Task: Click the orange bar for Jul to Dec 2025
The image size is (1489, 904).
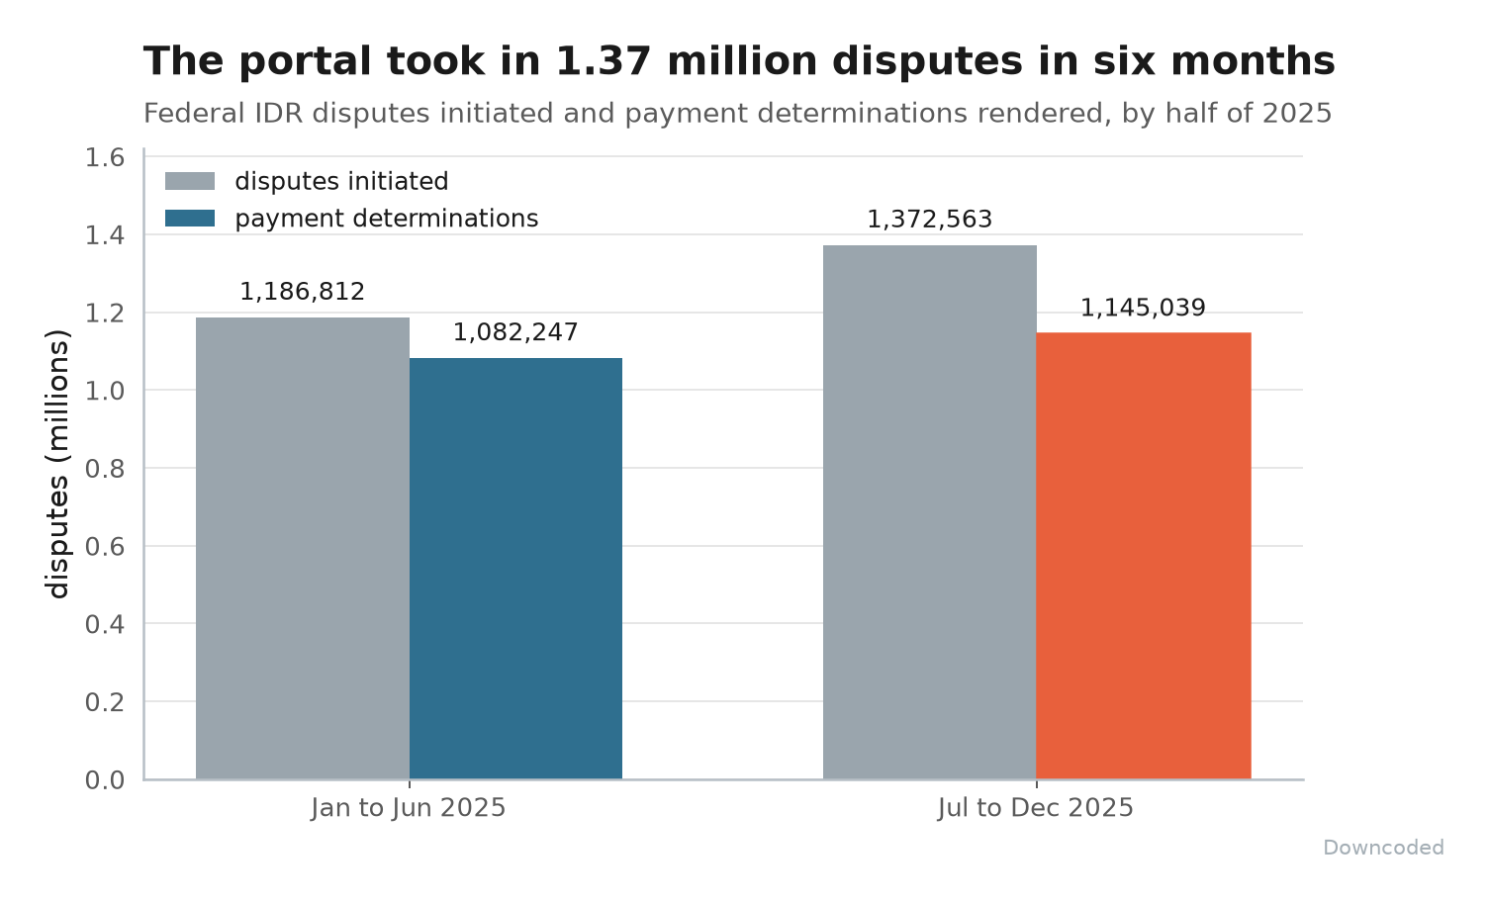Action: pos(1144,556)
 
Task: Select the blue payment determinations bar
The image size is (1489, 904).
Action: pos(515,569)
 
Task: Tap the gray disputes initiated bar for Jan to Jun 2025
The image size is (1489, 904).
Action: pos(303,548)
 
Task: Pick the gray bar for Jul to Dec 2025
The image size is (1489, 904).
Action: pos(929,511)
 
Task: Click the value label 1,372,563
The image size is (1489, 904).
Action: pos(929,220)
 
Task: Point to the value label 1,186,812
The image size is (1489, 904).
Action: pos(303,292)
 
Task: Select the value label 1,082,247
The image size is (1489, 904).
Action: pos(515,332)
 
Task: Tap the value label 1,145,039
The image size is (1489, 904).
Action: pos(1144,308)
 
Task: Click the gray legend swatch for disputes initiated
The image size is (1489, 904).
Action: pos(190,181)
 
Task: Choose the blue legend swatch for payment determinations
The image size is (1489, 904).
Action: pos(190,218)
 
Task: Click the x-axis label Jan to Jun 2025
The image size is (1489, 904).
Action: pos(409,808)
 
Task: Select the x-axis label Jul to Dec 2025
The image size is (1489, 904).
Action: pos(1036,808)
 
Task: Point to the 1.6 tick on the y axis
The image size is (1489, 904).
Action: pos(105,158)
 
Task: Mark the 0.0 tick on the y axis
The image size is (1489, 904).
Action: pos(105,780)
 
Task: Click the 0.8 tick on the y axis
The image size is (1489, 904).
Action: pos(105,469)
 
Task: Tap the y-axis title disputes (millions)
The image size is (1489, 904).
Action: pos(57,464)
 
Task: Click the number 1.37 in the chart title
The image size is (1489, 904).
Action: pos(603,62)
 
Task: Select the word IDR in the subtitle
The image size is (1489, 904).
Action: pos(279,114)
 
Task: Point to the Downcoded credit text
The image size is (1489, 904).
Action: pos(1383,848)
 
